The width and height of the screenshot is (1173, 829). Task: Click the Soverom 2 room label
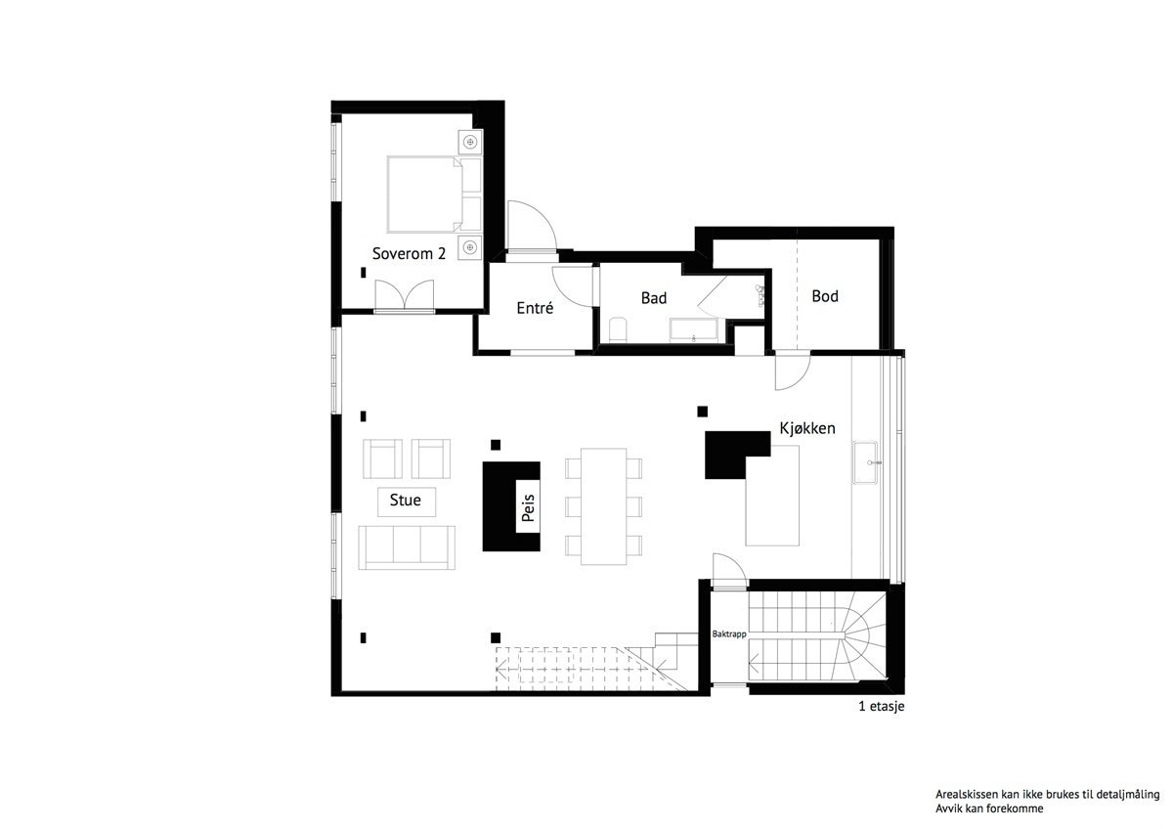pos(409,253)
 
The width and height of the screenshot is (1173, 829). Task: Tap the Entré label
pos(535,308)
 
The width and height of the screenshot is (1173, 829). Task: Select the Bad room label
pos(653,298)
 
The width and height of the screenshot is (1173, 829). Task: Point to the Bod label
pos(825,295)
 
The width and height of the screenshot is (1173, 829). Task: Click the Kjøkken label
pos(806,428)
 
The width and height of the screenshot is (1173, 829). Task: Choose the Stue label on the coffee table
pos(406,501)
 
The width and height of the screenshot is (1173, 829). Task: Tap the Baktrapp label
pos(729,634)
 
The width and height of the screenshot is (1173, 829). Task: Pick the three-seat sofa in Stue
pos(407,546)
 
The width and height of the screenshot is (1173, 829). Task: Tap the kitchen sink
pos(867,461)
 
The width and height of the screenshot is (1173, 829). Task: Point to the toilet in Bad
pos(618,329)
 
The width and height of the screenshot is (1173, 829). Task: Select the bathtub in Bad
pos(693,329)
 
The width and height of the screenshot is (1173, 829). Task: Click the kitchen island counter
pos(772,497)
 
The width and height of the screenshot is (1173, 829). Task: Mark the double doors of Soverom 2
pos(404,296)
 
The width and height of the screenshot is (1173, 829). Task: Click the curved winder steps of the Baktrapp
pos(862,633)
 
